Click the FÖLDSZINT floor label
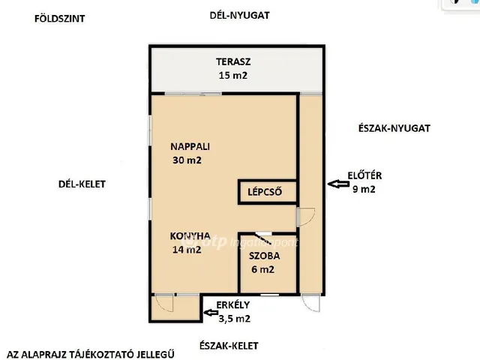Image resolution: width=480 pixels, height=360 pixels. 59,19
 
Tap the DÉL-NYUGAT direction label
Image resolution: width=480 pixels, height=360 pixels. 239,15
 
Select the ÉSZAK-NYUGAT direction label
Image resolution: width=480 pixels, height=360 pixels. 394,128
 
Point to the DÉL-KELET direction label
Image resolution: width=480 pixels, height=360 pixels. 82,184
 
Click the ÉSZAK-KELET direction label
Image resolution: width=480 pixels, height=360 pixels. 229,346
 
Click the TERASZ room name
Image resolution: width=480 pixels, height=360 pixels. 233,61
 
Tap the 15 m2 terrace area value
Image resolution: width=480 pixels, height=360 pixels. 233,75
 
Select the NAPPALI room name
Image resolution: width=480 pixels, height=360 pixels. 190,146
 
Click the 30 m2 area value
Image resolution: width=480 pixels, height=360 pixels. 187,160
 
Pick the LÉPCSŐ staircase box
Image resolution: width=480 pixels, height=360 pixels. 268,192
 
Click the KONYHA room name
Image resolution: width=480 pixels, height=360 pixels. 190,235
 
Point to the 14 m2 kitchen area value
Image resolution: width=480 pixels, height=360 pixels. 187,250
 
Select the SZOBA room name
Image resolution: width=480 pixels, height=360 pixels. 264,256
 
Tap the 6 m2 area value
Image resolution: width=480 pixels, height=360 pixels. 263,269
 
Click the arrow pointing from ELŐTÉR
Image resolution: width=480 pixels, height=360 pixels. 338,184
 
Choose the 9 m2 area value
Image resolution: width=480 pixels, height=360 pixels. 364,189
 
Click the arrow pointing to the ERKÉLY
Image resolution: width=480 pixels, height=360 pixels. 211,313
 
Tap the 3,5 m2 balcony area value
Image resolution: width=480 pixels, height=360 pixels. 235,319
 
